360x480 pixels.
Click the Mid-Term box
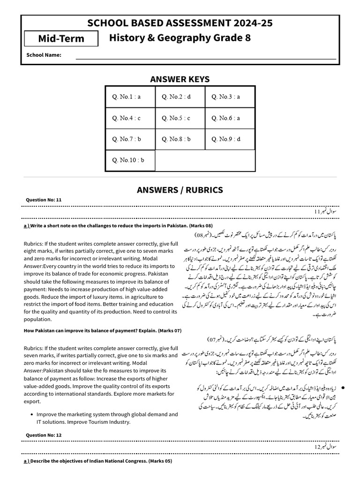61,38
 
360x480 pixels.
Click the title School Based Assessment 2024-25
180,23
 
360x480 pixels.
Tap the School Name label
44,55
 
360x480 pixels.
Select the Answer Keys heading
180,79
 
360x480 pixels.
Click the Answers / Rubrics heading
180,190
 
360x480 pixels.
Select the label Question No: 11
44,200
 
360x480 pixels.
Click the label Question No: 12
44,435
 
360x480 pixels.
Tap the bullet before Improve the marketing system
31,415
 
